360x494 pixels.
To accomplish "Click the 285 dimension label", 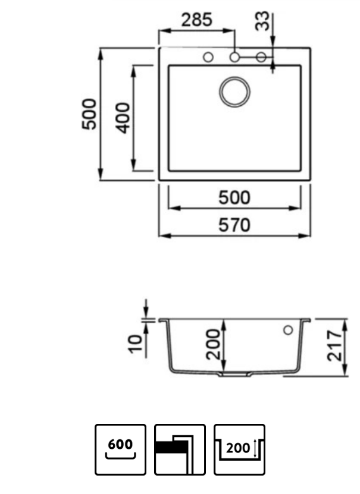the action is pos(197,20).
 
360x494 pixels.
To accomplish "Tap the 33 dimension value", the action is pos(262,21).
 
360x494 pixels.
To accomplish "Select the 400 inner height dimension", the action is pos(123,118).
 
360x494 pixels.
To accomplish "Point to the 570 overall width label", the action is pos(234,225).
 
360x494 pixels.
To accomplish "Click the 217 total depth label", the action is pos(334,345).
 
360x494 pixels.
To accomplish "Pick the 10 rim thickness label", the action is pos(136,344).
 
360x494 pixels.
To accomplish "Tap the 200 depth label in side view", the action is pos(213,344).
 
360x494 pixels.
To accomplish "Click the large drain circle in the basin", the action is pos(234,92).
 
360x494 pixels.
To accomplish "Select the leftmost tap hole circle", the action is pos(208,57).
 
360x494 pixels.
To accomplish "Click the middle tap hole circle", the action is pos(234,57).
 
